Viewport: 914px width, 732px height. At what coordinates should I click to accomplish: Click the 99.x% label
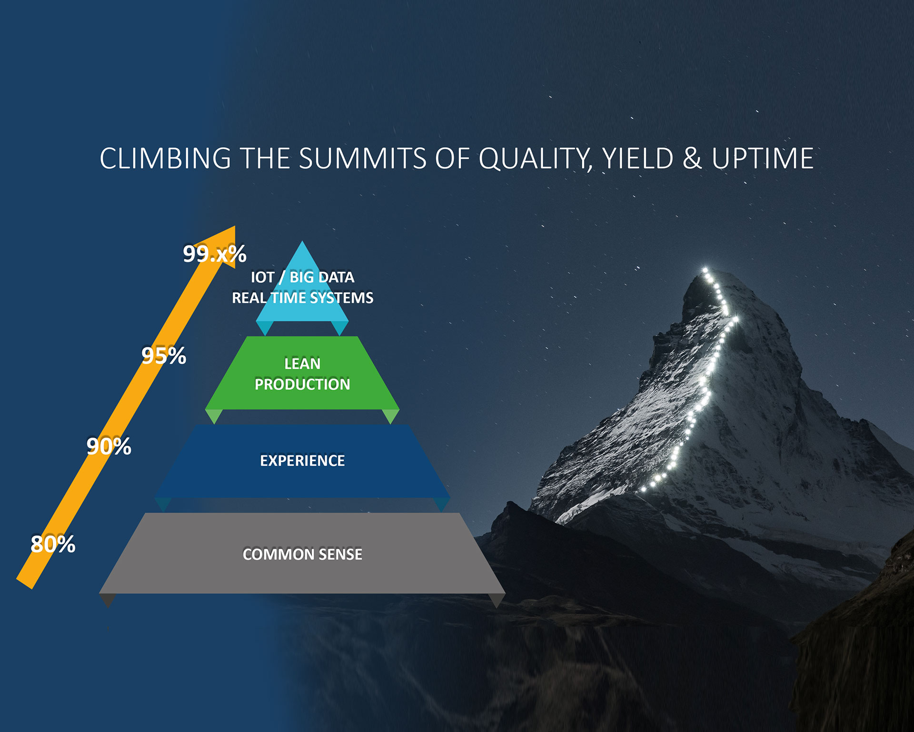click(215, 254)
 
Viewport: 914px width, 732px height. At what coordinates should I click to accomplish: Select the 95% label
click(164, 356)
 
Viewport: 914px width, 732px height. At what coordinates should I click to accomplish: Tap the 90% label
click(109, 447)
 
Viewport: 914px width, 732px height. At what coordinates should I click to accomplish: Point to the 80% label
click(53, 544)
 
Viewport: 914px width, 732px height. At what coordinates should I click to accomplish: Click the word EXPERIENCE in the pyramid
click(302, 461)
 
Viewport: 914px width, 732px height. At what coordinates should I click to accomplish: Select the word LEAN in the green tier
click(302, 364)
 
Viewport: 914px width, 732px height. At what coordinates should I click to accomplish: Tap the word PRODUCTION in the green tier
click(302, 385)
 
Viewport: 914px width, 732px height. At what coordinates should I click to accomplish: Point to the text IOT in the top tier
click(262, 277)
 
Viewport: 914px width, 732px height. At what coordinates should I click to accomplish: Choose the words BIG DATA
click(322, 277)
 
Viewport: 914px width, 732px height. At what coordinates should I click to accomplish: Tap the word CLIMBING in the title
click(166, 158)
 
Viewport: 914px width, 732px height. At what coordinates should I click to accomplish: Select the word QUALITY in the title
click(535, 159)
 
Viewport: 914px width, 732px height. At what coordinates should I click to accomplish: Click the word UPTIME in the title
click(763, 158)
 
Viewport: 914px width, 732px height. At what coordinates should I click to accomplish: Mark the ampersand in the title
click(693, 158)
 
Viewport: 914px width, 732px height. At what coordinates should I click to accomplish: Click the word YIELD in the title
click(637, 158)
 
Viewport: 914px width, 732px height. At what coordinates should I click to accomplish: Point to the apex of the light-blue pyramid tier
click(302, 241)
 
